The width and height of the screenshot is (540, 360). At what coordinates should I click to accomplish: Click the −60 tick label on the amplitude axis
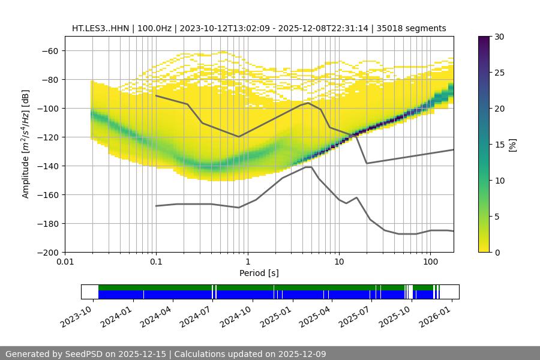pos(49,50)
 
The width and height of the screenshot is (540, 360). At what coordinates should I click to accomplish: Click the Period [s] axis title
pos(259,273)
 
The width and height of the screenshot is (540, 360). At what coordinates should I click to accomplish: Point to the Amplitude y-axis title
pos(26,144)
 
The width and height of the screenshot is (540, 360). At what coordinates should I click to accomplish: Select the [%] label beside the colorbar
pos(512,145)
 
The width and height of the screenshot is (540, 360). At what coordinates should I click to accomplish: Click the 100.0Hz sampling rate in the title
pos(156,28)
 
